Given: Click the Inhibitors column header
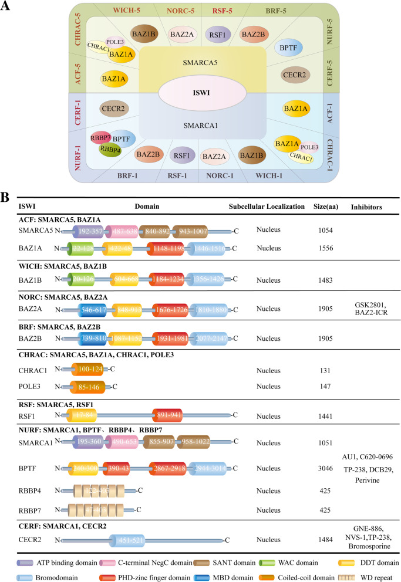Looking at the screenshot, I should point(367,207).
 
